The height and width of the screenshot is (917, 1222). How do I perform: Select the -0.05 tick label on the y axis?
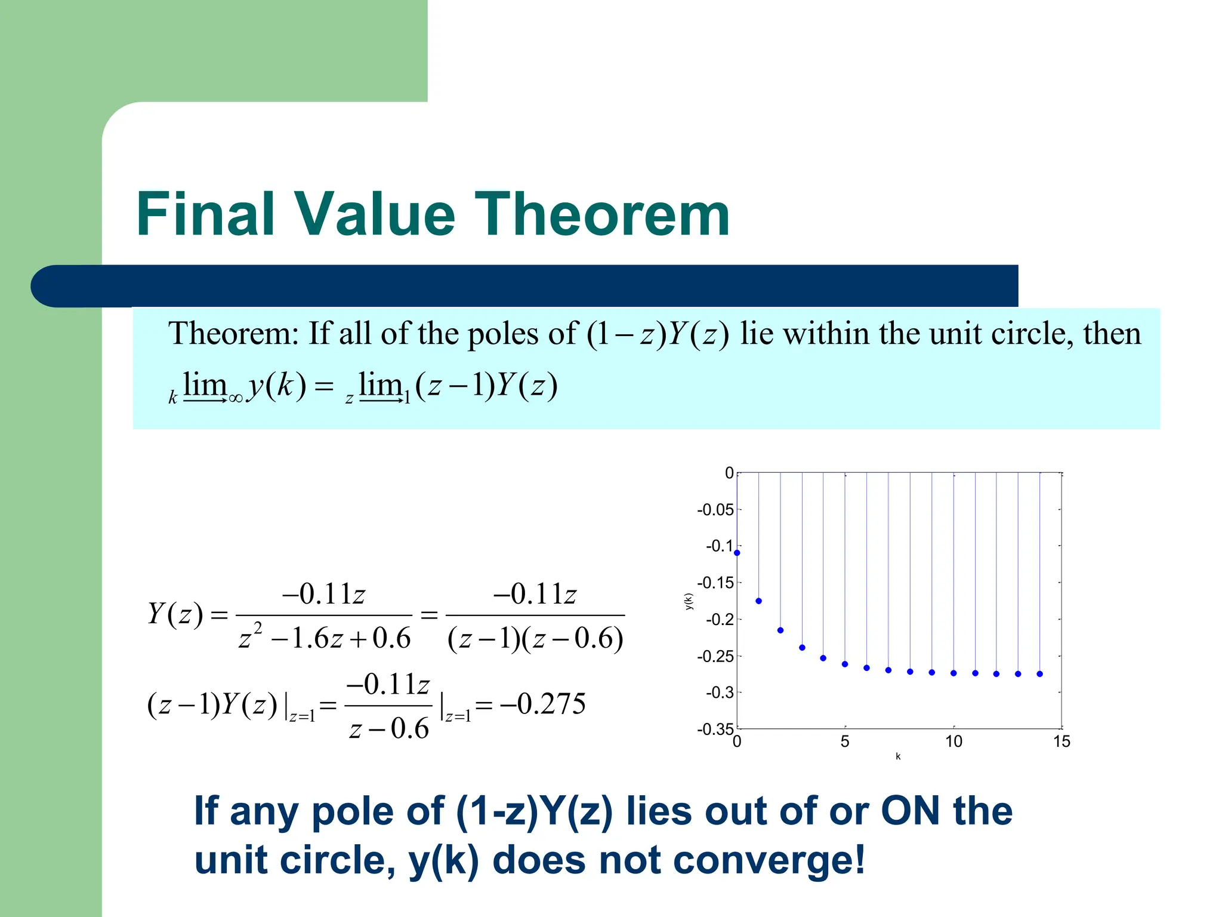[715, 510]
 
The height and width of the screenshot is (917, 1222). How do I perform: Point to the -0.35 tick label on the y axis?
[715, 729]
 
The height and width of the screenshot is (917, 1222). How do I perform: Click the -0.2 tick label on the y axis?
[719, 619]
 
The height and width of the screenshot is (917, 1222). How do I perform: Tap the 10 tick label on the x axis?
[953, 741]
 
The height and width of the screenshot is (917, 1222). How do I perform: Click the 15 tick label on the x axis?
[1061, 741]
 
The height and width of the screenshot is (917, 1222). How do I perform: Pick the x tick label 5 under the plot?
[845, 741]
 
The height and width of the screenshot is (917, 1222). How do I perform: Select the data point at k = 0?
[737, 553]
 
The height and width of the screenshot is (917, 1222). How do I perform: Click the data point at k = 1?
[759, 601]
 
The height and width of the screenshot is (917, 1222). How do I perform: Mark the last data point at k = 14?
[1040, 673]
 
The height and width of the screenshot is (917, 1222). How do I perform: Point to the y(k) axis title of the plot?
[689, 601]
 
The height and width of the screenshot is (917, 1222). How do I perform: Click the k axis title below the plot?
[898, 756]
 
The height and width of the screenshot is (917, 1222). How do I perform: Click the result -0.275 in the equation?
[543, 704]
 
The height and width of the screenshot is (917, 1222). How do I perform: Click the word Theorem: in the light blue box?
[233, 333]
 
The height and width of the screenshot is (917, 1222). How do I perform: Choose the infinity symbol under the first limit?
[236, 398]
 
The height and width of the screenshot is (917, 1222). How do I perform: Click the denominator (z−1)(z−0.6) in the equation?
[535, 638]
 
